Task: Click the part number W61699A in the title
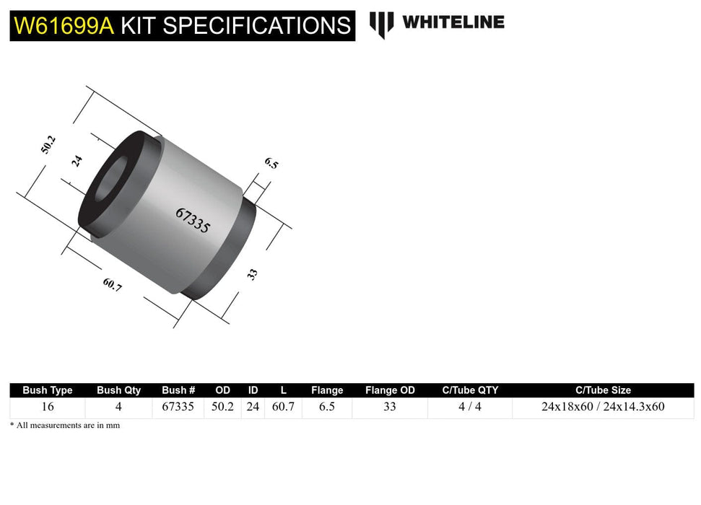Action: [64, 26]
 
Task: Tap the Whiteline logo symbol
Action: [381, 24]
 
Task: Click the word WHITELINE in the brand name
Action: [453, 22]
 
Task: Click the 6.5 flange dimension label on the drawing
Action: [271, 163]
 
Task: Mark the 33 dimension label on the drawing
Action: [253, 274]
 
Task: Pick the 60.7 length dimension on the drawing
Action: [113, 285]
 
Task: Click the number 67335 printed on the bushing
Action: [193, 220]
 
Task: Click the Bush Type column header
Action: [48, 390]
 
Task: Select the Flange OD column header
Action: [390, 390]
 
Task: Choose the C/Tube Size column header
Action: [603, 390]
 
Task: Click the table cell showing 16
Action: [48, 407]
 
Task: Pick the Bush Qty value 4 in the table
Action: [118, 407]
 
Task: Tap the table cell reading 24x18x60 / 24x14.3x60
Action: [603, 407]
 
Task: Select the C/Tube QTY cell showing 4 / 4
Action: [470, 407]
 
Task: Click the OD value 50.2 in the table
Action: [223, 407]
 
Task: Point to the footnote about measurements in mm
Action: [65, 426]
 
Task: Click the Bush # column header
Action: [178, 390]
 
